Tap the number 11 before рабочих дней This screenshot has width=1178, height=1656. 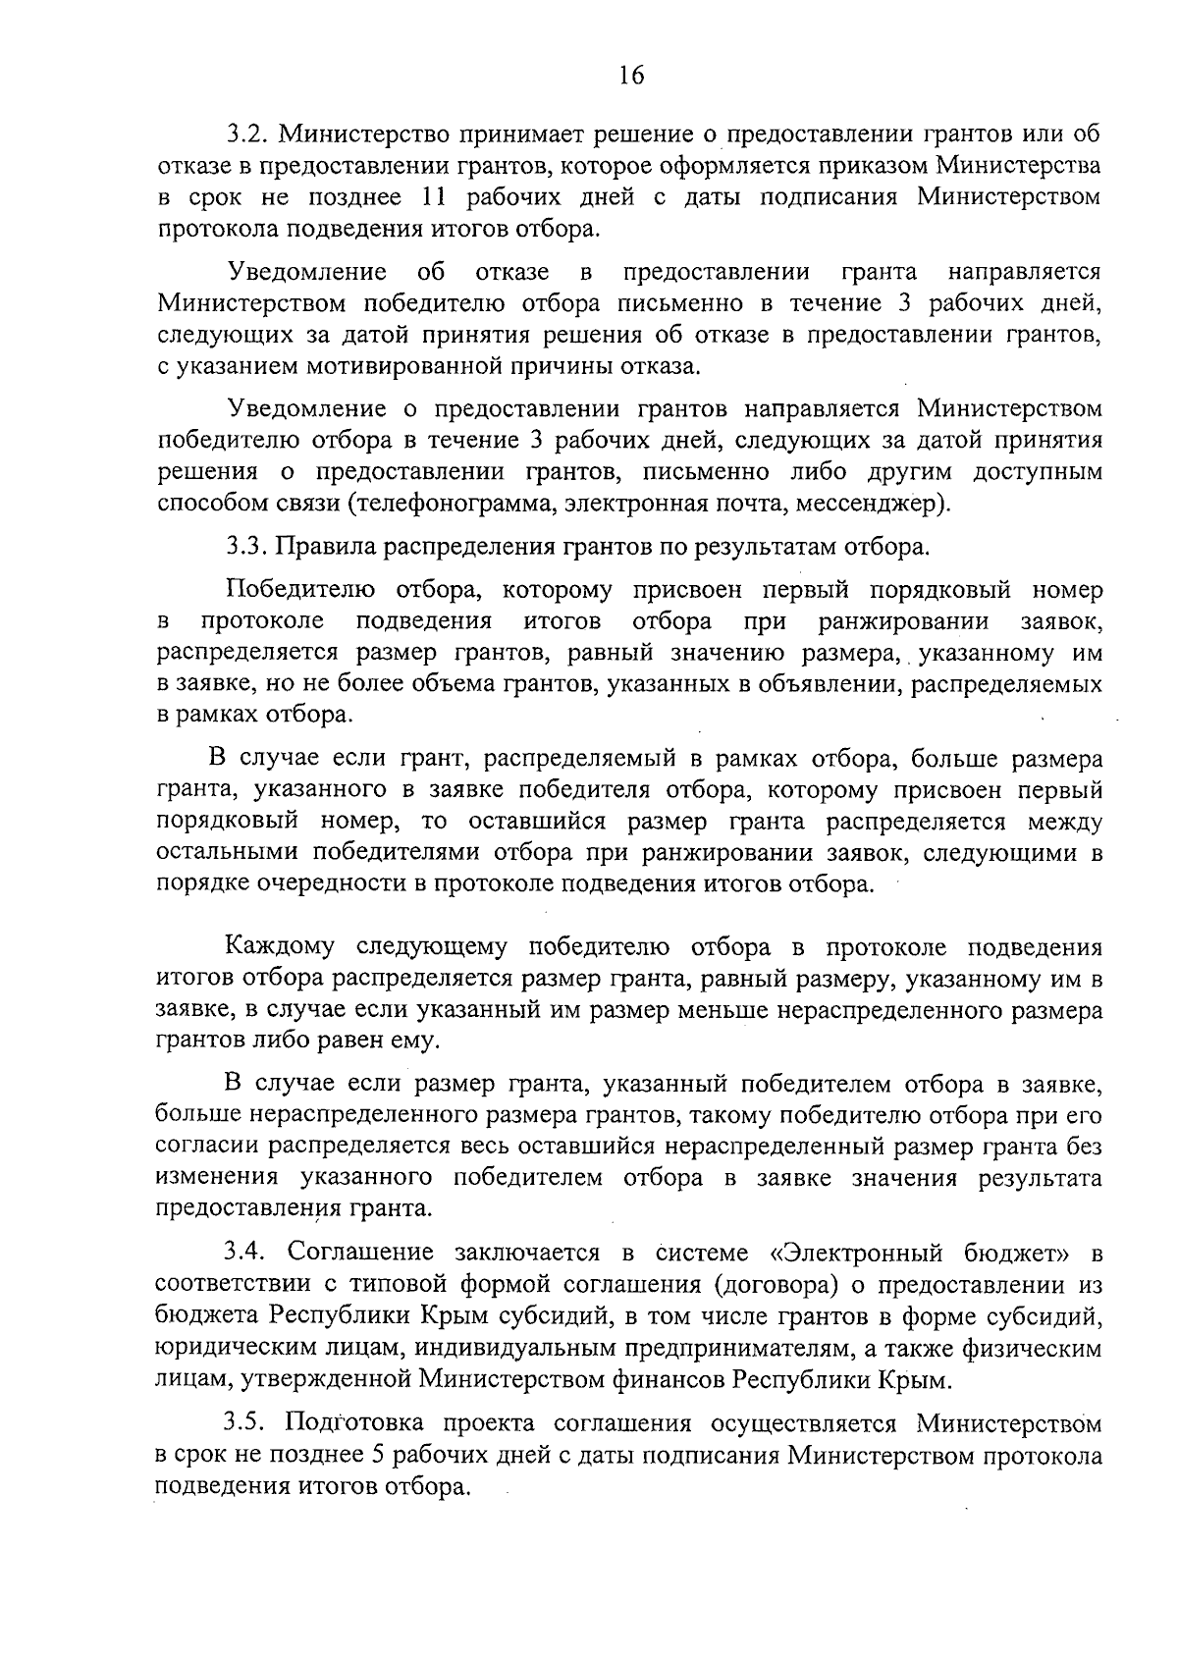[433, 197]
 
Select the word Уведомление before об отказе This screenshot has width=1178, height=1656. [305, 272]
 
